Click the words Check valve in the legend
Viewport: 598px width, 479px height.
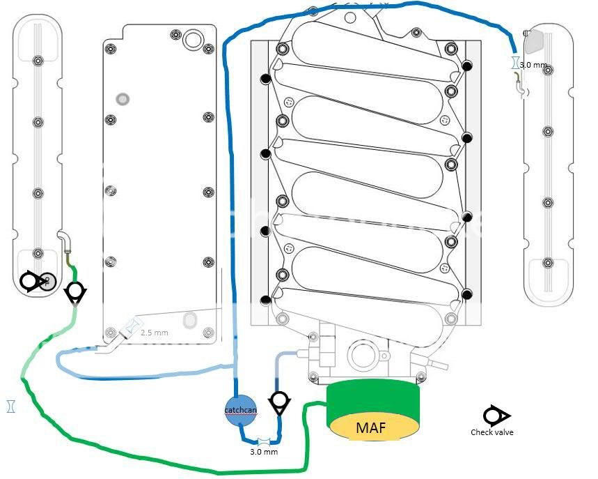tap(491, 432)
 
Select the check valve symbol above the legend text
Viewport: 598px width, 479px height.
tap(496, 416)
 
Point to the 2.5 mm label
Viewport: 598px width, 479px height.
tap(154, 333)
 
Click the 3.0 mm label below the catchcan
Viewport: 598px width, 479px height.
tap(264, 452)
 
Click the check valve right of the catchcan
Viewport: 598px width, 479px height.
tap(280, 402)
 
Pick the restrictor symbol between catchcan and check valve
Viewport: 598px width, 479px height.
tap(264, 441)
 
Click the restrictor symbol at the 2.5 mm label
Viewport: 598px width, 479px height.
tap(132, 326)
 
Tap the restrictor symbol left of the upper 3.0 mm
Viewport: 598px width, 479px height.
tap(514, 63)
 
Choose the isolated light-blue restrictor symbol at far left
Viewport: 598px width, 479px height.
tap(11, 405)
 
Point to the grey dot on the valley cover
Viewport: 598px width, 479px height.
tap(122, 99)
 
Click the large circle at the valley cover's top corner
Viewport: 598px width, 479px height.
tap(190, 41)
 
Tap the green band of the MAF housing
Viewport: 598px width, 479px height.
tap(373, 401)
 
